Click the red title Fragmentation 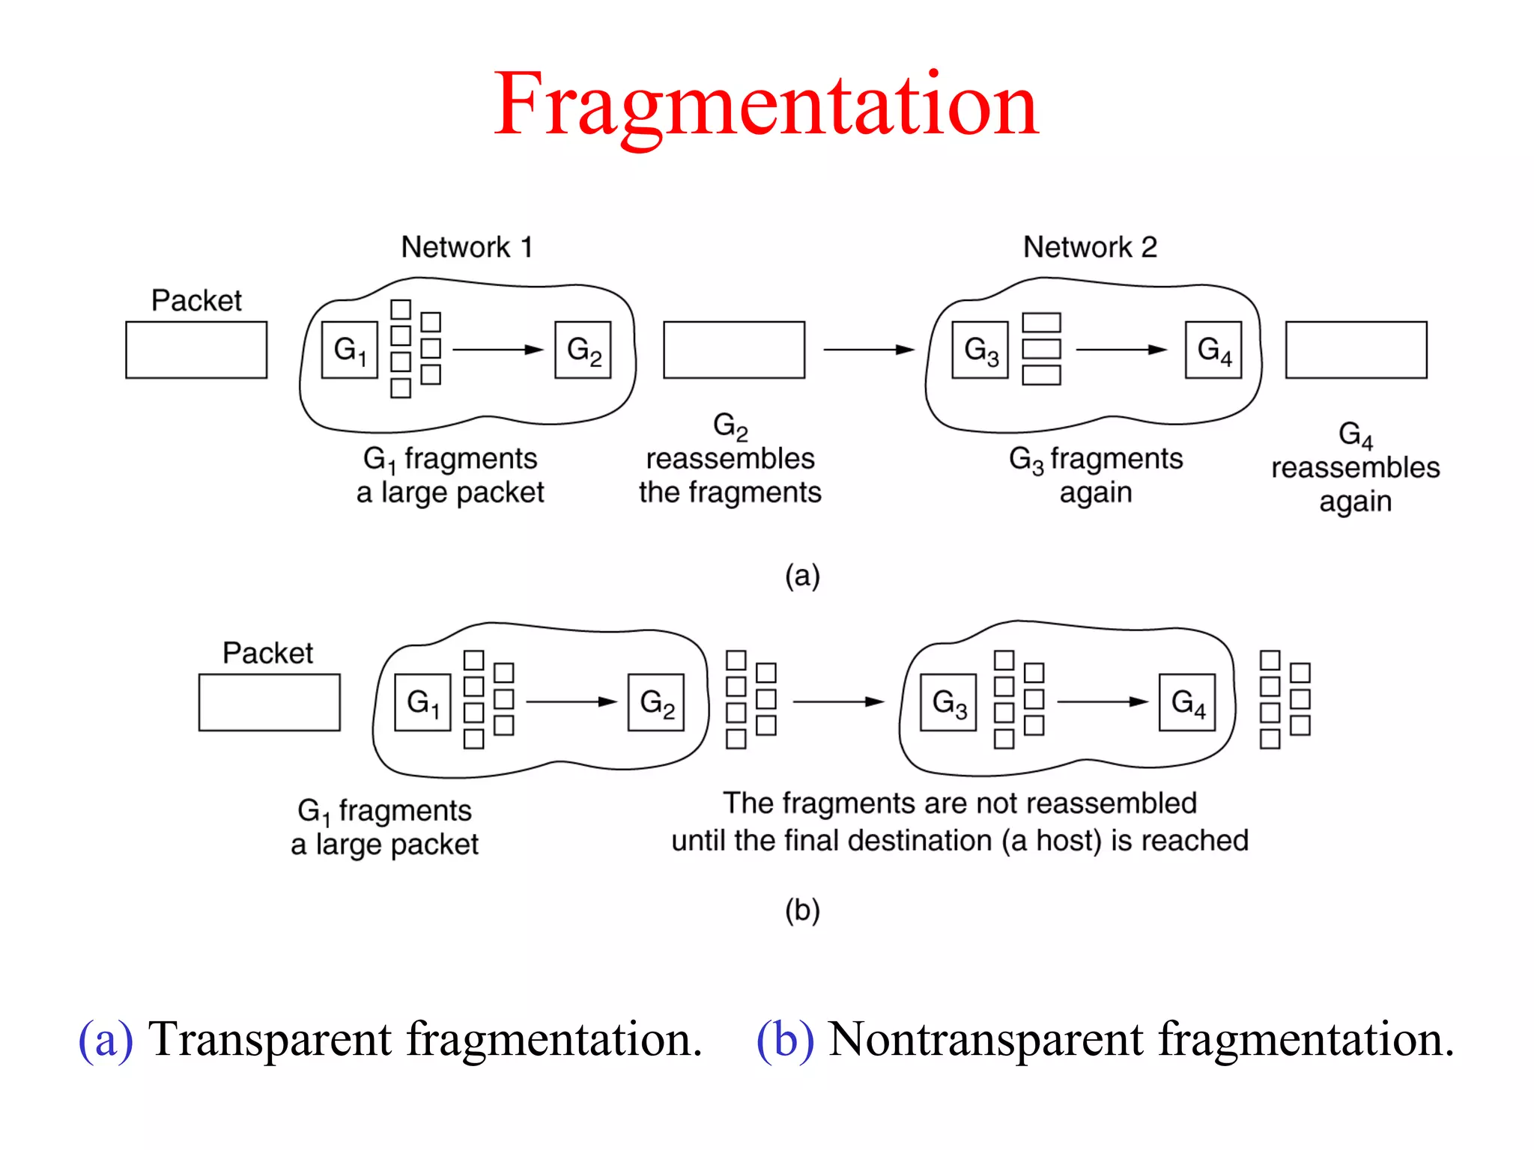[x=766, y=105]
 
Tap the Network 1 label [x=467, y=247]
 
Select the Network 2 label [x=1090, y=247]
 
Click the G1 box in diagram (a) [x=349, y=350]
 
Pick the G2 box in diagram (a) [x=583, y=350]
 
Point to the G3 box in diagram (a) [x=980, y=350]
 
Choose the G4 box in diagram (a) [x=1213, y=350]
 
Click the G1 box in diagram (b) [x=422, y=702]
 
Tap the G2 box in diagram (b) [x=656, y=702]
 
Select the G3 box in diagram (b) [x=948, y=702]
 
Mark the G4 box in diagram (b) [x=1187, y=702]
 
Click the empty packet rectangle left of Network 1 [x=196, y=350]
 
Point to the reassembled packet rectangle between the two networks [x=734, y=350]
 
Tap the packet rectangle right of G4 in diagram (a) [x=1356, y=350]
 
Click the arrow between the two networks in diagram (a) [x=869, y=350]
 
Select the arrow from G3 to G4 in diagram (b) [x=1102, y=702]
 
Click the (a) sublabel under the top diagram [x=802, y=576]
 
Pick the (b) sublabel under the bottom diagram [x=802, y=910]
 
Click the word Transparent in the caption [x=270, y=1039]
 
